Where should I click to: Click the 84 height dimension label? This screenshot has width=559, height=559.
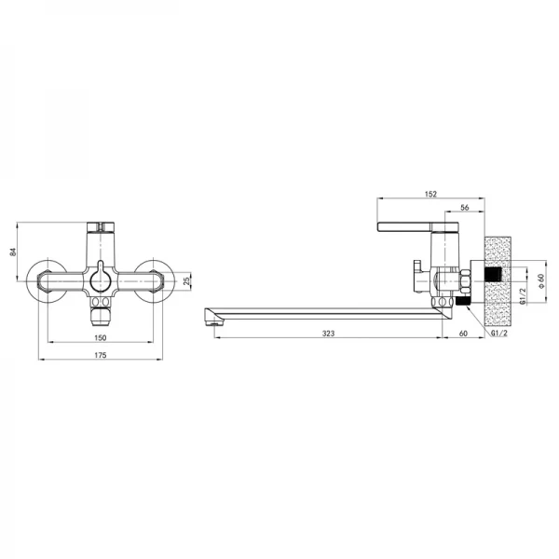pos(13,252)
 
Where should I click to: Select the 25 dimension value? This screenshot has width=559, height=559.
pos(186,281)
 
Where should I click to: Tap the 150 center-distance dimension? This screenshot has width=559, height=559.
pos(101,337)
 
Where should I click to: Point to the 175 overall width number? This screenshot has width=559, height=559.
pos(101,355)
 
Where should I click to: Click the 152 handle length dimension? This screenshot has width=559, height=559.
pos(430,194)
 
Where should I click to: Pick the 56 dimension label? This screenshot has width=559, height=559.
pos(465,208)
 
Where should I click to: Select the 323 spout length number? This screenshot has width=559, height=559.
pos(328,334)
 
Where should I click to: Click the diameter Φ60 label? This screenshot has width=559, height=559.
pos(541,281)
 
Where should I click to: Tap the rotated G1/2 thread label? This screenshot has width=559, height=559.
pos(523,296)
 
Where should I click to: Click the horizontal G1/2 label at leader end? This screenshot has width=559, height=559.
pos(498,333)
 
